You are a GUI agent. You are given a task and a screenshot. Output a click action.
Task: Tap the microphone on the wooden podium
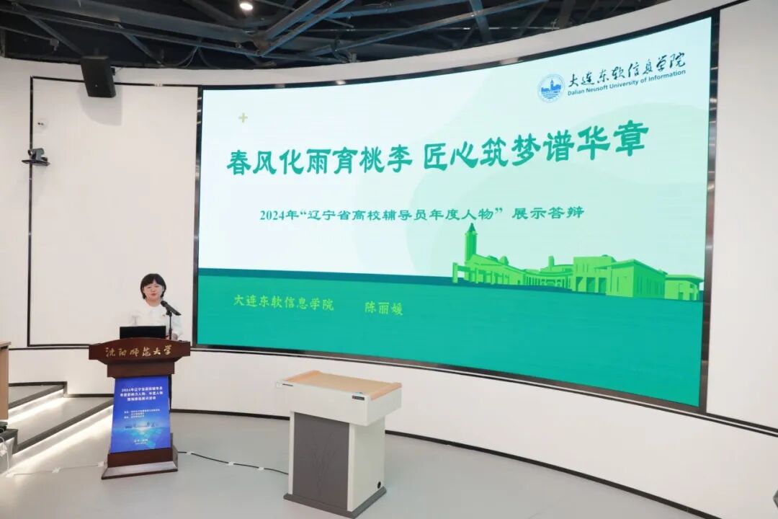tap(170, 309)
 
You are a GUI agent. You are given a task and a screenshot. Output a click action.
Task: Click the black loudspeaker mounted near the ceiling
tap(98, 76)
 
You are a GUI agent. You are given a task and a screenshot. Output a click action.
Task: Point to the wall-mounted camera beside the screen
tap(35, 156)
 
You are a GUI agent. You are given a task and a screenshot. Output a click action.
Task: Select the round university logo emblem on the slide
tap(551, 87)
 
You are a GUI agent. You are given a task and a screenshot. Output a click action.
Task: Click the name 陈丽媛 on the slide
tap(383, 308)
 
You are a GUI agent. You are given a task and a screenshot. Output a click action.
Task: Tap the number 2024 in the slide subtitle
tap(274, 215)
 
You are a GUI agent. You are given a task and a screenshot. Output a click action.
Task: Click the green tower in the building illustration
tap(471, 245)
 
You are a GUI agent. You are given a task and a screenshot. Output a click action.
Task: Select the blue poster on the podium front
tap(140, 414)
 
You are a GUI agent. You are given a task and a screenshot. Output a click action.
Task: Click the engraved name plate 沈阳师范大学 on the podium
tap(139, 352)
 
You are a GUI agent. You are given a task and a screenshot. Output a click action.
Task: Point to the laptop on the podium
tap(142, 332)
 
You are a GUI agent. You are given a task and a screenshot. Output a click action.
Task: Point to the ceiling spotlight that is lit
tap(246, 6)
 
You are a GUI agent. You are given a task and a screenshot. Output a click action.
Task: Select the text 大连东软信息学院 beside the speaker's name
tap(284, 302)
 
